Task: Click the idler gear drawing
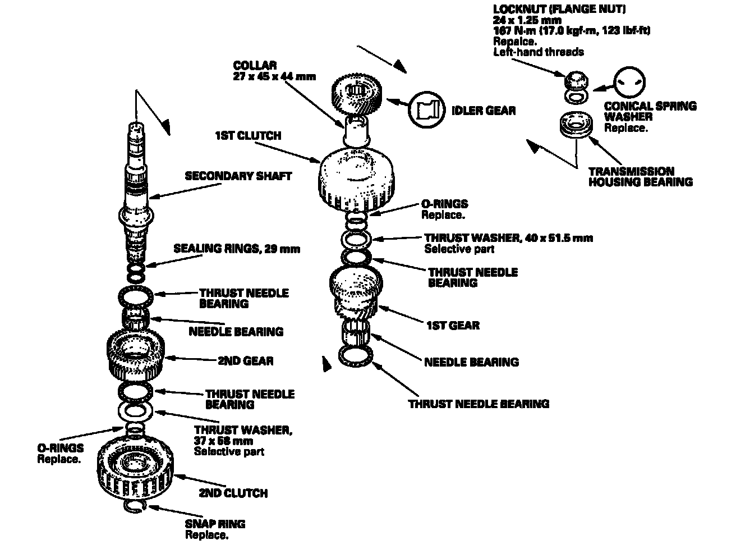(357, 91)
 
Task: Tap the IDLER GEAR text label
(483, 110)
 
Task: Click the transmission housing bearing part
(576, 124)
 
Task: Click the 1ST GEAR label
(453, 325)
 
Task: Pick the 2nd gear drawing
(135, 356)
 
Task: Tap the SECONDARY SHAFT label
(238, 176)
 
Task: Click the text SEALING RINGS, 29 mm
(237, 249)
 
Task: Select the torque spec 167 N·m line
(571, 30)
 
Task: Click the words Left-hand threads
(539, 52)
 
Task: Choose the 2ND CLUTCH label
(233, 493)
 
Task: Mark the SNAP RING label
(215, 524)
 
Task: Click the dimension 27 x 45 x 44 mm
(274, 76)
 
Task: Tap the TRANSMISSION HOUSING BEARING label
(640, 176)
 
